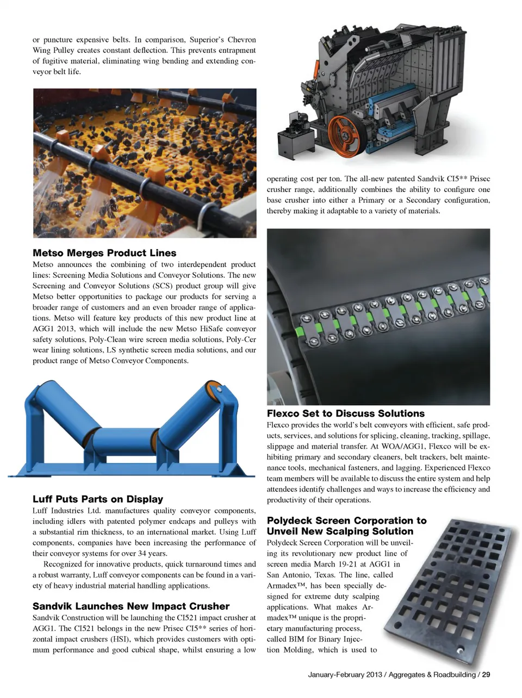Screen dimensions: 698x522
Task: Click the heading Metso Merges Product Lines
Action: pos(104,253)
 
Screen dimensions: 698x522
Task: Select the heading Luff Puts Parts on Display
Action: pos(98,499)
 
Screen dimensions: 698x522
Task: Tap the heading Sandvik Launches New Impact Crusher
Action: pos(131,606)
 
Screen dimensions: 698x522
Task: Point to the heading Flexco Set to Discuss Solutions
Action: pos(345,413)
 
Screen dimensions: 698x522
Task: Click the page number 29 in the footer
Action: pos(486,675)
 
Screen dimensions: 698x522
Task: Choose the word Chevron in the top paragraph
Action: pos(241,40)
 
